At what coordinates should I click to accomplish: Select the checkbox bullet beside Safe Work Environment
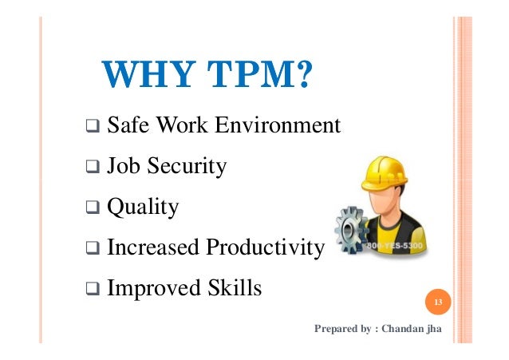pyautogui.click(x=93, y=126)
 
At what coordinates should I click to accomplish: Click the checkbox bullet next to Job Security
pyautogui.click(x=93, y=167)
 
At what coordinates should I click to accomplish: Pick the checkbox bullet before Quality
pyautogui.click(x=93, y=209)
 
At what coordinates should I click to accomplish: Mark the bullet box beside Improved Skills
pyautogui.click(x=93, y=287)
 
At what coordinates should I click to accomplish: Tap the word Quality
pyautogui.click(x=143, y=208)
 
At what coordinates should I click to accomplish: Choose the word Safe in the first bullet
pyautogui.click(x=128, y=125)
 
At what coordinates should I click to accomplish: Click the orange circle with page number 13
pyautogui.click(x=437, y=303)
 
